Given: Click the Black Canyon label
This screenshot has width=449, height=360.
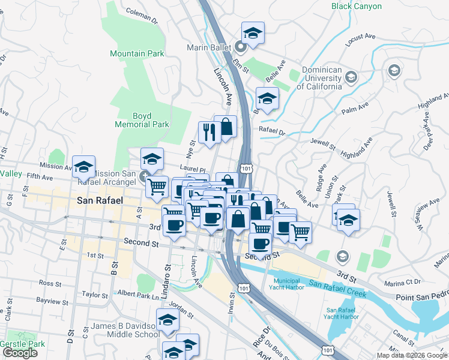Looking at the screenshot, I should click(x=356, y=7).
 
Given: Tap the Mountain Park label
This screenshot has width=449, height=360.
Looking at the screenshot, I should click(x=137, y=53).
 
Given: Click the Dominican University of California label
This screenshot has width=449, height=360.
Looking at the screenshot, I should click(x=322, y=77).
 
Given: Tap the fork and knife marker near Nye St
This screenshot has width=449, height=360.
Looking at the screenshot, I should click(x=209, y=133).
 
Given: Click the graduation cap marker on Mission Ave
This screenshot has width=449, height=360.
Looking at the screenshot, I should click(x=84, y=166).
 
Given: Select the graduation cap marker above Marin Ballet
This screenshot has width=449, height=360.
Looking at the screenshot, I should click(x=253, y=33).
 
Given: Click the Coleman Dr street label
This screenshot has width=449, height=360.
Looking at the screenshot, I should click(x=142, y=14).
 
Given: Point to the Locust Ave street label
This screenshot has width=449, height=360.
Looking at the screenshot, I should click(x=360, y=40).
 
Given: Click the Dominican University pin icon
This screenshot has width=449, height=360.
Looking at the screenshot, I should click(x=351, y=76).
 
